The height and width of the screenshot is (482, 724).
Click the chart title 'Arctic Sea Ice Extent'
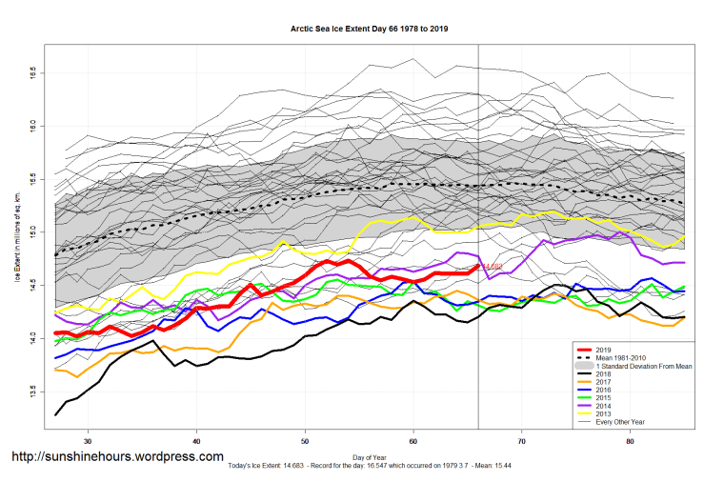tap(369, 29)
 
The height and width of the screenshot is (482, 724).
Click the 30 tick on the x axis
tap(88, 442)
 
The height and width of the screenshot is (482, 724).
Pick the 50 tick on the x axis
tap(305, 442)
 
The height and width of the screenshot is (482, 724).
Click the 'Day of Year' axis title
tap(369, 455)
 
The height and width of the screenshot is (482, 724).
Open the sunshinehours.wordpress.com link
tap(117, 457)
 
